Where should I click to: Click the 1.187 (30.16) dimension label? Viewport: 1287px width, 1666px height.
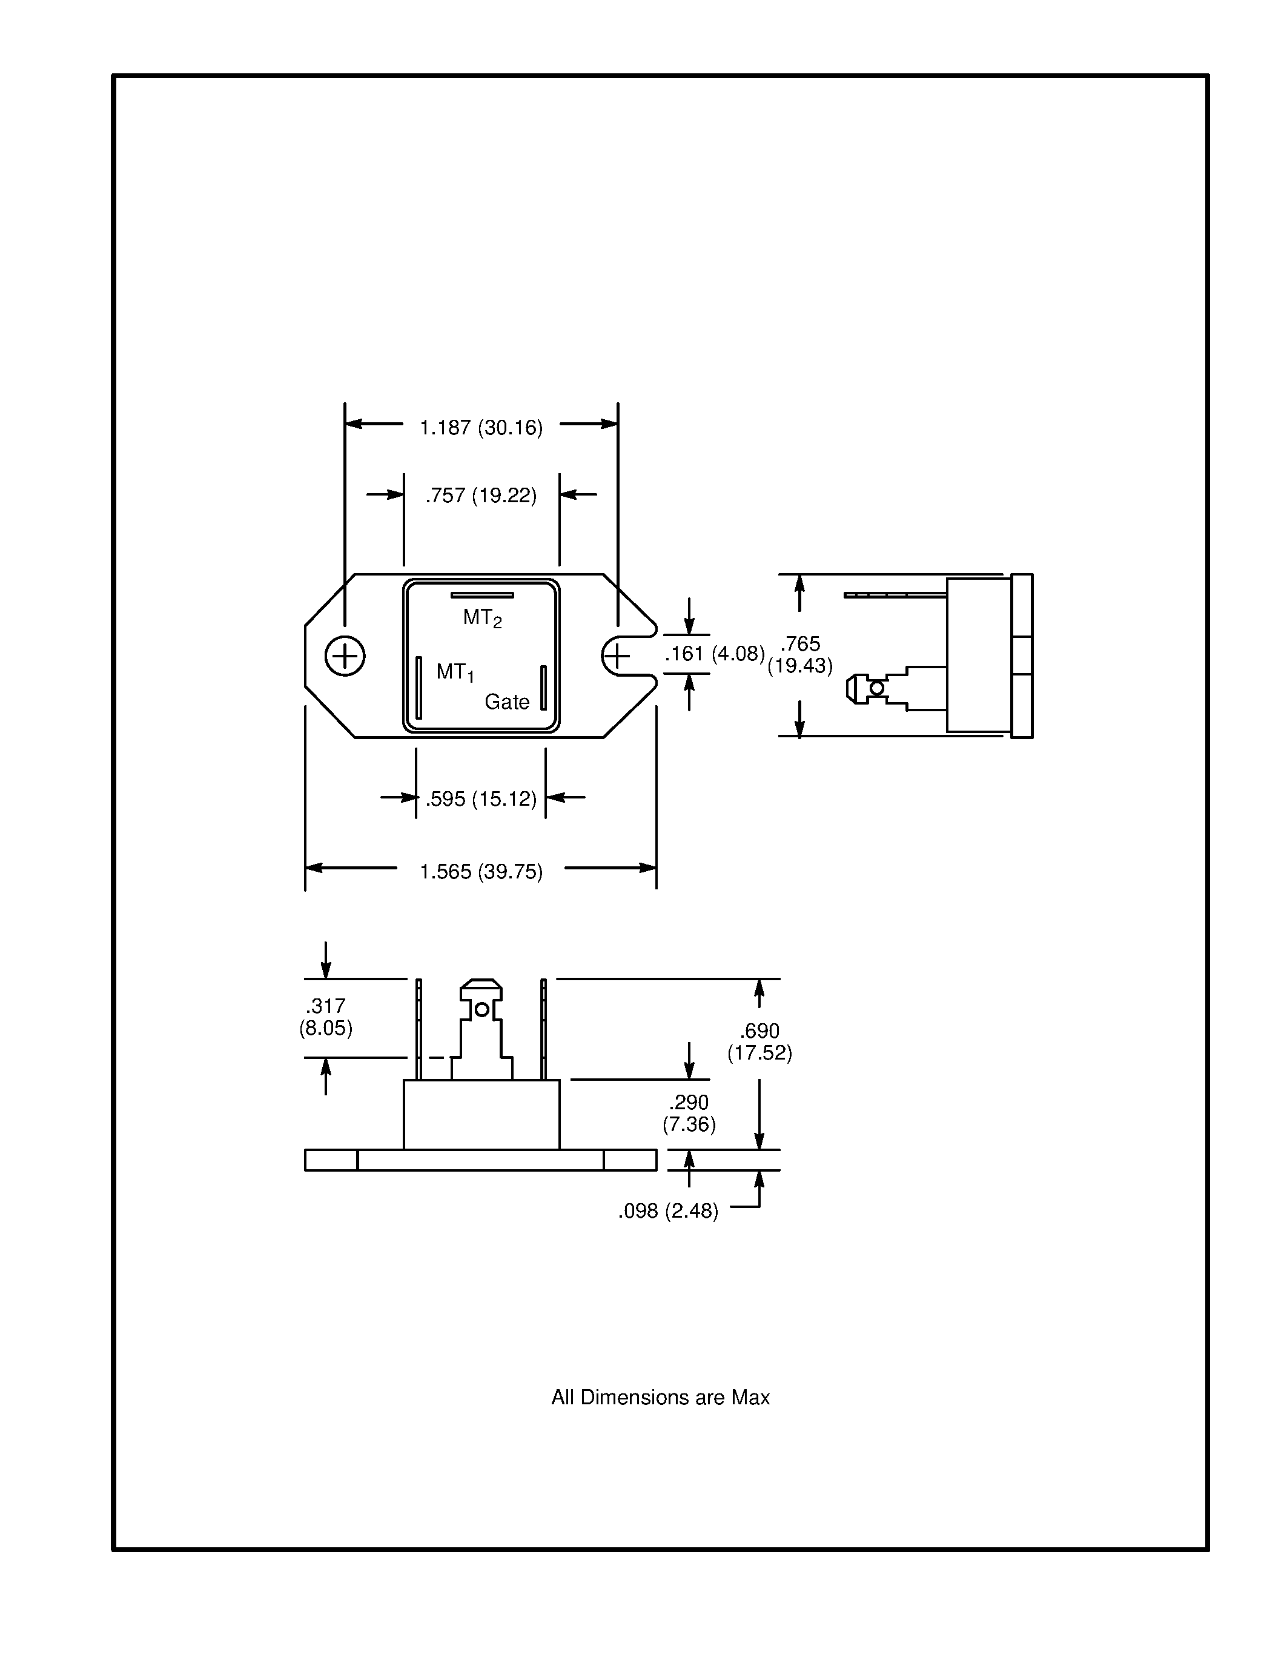pos(481,427)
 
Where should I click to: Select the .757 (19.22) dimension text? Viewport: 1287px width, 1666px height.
pos(481,496)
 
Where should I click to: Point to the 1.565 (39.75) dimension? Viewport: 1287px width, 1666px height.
pos(481,871)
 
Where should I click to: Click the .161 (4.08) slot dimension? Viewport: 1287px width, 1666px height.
pos(715,654)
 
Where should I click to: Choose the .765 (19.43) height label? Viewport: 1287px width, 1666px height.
pos(800,654)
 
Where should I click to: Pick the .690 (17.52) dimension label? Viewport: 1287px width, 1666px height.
pos(759,1042)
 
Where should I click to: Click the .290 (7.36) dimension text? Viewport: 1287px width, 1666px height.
pos(689,1113)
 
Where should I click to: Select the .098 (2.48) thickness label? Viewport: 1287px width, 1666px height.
pos(668,1212)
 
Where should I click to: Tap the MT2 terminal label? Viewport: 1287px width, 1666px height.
pos(482,618)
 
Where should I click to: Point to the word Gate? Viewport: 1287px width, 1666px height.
pos(507,702)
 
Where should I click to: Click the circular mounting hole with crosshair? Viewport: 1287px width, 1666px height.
pos(345,656)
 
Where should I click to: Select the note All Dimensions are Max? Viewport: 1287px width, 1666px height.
pos(660,1398)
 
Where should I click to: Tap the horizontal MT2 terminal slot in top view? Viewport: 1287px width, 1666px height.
pos(482,595)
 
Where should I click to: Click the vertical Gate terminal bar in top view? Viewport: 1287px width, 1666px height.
pos(544,688)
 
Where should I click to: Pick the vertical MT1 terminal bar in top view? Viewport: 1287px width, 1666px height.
pos(419,688)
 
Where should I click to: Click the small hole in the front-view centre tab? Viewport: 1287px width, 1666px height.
pos(482,1010)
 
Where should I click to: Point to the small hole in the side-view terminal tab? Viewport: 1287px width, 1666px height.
pos(877,688)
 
